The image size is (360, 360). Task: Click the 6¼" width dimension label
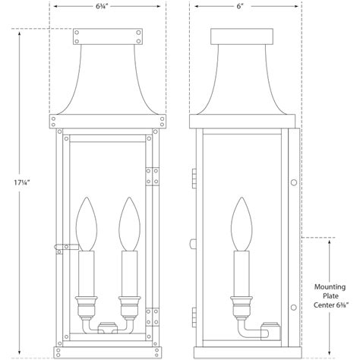[108, 8]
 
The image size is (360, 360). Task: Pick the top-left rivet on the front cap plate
[78, 32]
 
